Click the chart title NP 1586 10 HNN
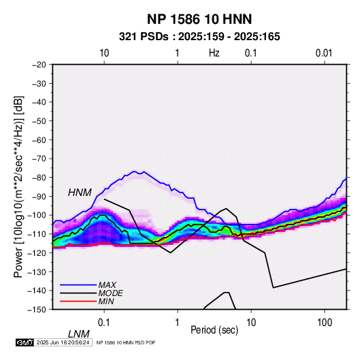pyautogui.click(x=199, y=19)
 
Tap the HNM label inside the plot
pyautogui.click(x=80, y=193)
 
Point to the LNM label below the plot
pyautogui.click(x=78, y=334)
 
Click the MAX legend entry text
pyautogui.click(x=107, y=285)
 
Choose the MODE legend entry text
pyautogui.click(x=110, y=293)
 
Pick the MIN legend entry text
pyautogui.click(x=106, y=301)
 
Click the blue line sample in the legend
pyautogui.click(x=78, y=285)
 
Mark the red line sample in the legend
pyautogui.click(x=78, y=301)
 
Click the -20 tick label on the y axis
pyautogui.click(x=39, y=65)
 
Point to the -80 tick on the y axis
pyautogui.click(x=39, y=178)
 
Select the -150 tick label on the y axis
pyautogui.click(x=37, y=310)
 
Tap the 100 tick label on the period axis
pyautogui.click(x=325, y=323)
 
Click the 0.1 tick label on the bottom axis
pyautogui.click(x=104, y=323)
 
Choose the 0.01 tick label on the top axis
pyautogui.click(x=324, y=53)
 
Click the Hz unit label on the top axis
pyautogui.click(x=214, y=53)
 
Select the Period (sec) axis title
pyautogui.click(x=214, y=330)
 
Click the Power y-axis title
pyautogui.click(x=18, y=186)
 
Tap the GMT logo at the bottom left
pyautogui.click(x=25, y=342)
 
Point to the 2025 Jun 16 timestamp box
pyautogui.click(x=63, y=342)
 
